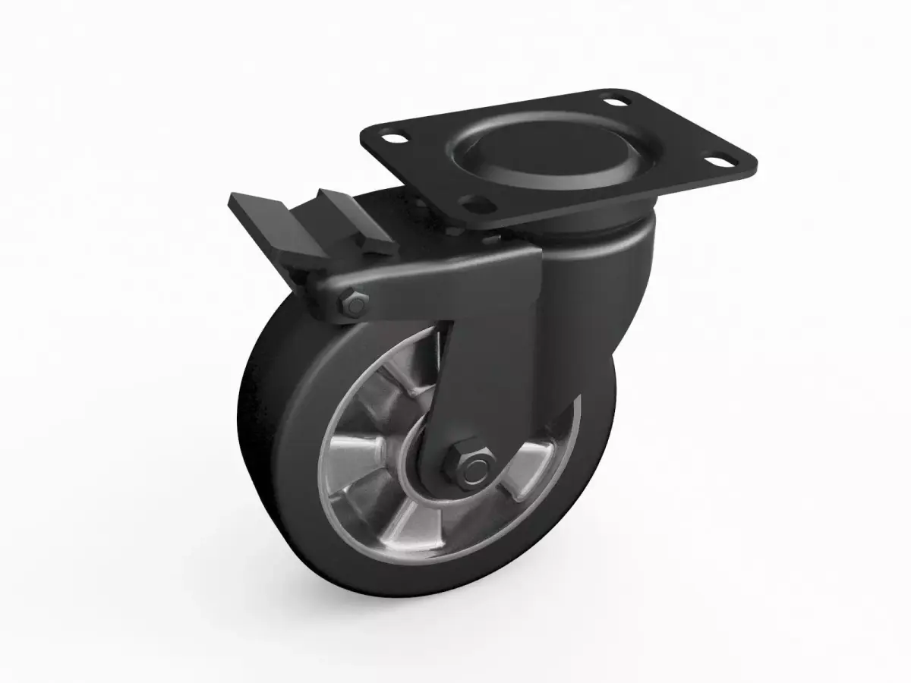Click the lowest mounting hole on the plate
point(474,203)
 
